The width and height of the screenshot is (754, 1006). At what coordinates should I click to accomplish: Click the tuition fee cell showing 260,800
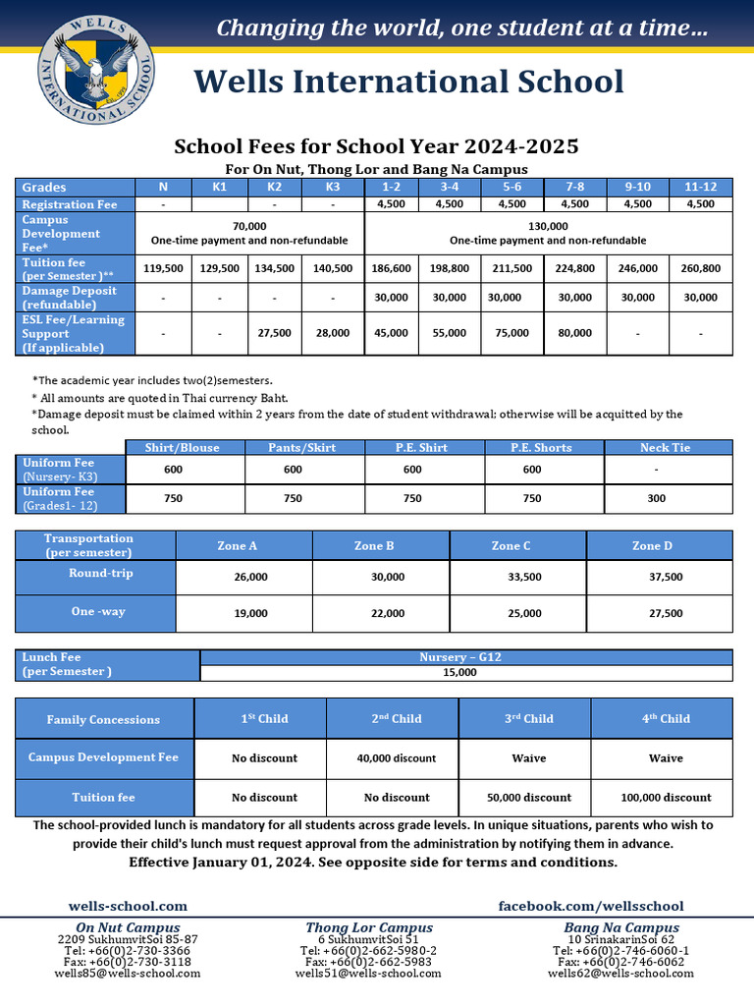pyautogui.click(x=701, y=268)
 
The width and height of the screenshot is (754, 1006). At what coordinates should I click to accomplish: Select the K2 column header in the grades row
pyautogui.click(x=275, y=187)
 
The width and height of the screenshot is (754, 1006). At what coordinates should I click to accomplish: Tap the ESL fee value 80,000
pyautogui.click(x=574, y=333)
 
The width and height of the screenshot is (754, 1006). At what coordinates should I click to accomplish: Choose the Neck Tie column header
pyautogui.click(x=666, y=448)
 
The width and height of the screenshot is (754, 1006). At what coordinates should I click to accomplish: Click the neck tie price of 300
pyautogui.click(x=657, y=499)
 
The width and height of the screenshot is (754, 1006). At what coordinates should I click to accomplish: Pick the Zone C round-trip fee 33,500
pyautogui.click(x=525, y=578)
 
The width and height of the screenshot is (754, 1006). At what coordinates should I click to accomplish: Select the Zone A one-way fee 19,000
pyautogui.click(x=250, y=614)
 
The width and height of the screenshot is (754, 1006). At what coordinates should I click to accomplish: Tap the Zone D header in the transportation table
pyautogui.click(x=653, y=546)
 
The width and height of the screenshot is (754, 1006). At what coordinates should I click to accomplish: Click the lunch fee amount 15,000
pyautogui.click(x=460, y=673)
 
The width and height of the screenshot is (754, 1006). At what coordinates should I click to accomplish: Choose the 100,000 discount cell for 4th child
pyautogui.click(x=666, y=798)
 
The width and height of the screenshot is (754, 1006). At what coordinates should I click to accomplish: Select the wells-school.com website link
pyautogui.click(x=128, y=906)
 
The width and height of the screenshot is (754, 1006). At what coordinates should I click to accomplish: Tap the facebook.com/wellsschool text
pyautogui.click(x=591, y=906)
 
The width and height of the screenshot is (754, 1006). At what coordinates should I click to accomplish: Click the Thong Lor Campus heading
pyautogui.click(x=368, y=927)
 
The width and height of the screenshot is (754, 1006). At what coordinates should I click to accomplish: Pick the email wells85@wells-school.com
pyautogui.click(x=128, y=974)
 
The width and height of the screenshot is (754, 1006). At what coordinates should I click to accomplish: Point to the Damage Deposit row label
pyautogui.click(x=70, y=298)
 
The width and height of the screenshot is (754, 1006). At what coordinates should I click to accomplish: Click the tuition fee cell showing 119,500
pyautogui.click(x=163, y=268)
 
